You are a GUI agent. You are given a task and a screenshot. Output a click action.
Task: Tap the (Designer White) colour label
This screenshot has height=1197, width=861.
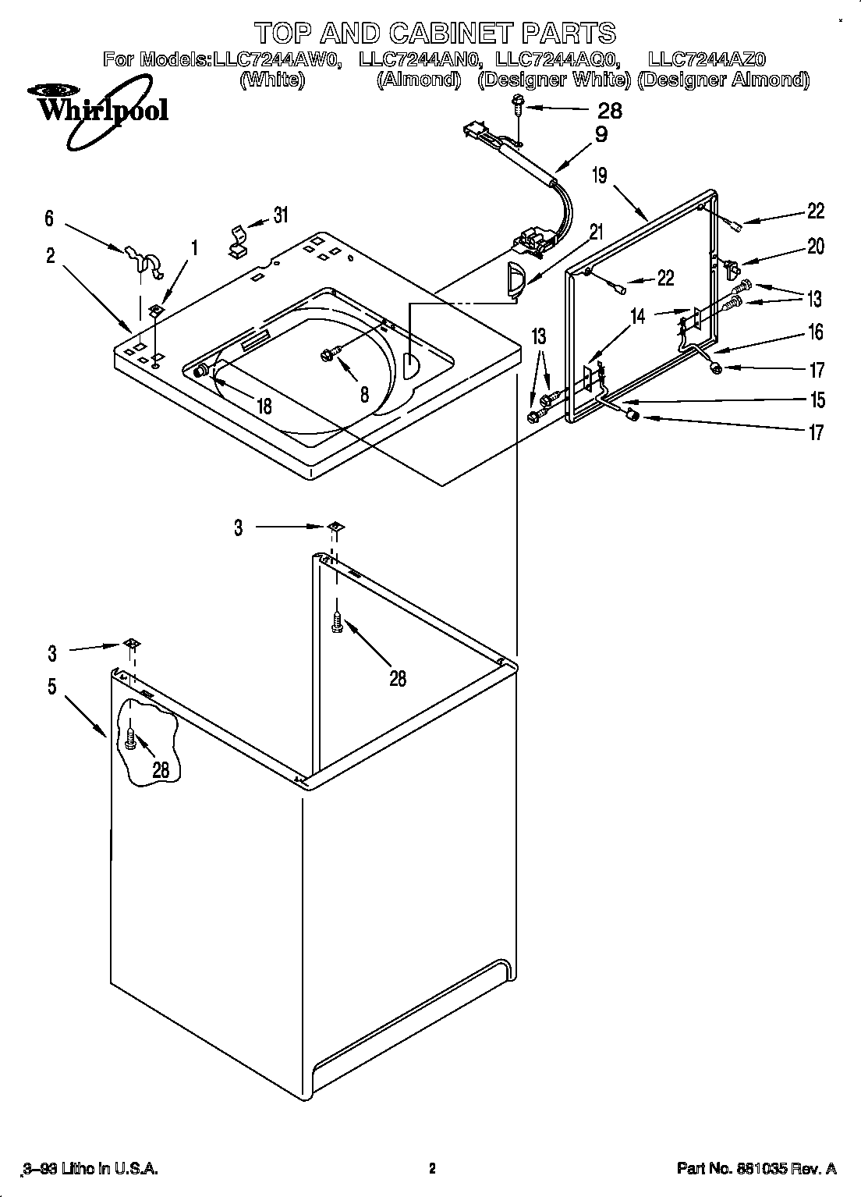554,80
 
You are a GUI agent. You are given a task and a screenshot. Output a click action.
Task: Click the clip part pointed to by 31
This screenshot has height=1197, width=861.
237,243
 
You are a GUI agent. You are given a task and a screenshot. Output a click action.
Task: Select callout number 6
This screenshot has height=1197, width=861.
49,218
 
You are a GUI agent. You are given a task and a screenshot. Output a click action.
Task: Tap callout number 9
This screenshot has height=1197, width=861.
601,134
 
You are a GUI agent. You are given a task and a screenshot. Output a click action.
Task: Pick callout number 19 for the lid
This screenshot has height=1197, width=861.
599,175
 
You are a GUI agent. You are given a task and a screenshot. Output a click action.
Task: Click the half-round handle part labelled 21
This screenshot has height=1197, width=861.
515,280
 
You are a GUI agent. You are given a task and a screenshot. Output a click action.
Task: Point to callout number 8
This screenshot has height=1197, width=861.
364,394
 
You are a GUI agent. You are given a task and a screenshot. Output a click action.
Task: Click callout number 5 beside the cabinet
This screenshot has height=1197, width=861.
51,687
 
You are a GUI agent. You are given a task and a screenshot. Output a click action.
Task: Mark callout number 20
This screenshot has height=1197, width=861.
815,247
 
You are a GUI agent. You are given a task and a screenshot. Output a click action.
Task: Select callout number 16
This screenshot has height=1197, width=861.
815,332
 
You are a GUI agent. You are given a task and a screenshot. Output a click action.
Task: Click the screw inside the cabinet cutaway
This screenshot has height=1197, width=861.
131,738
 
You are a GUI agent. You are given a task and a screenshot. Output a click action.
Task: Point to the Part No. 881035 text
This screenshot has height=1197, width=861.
756,1168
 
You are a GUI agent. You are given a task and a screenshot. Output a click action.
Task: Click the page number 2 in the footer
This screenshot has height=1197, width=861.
431,1168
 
